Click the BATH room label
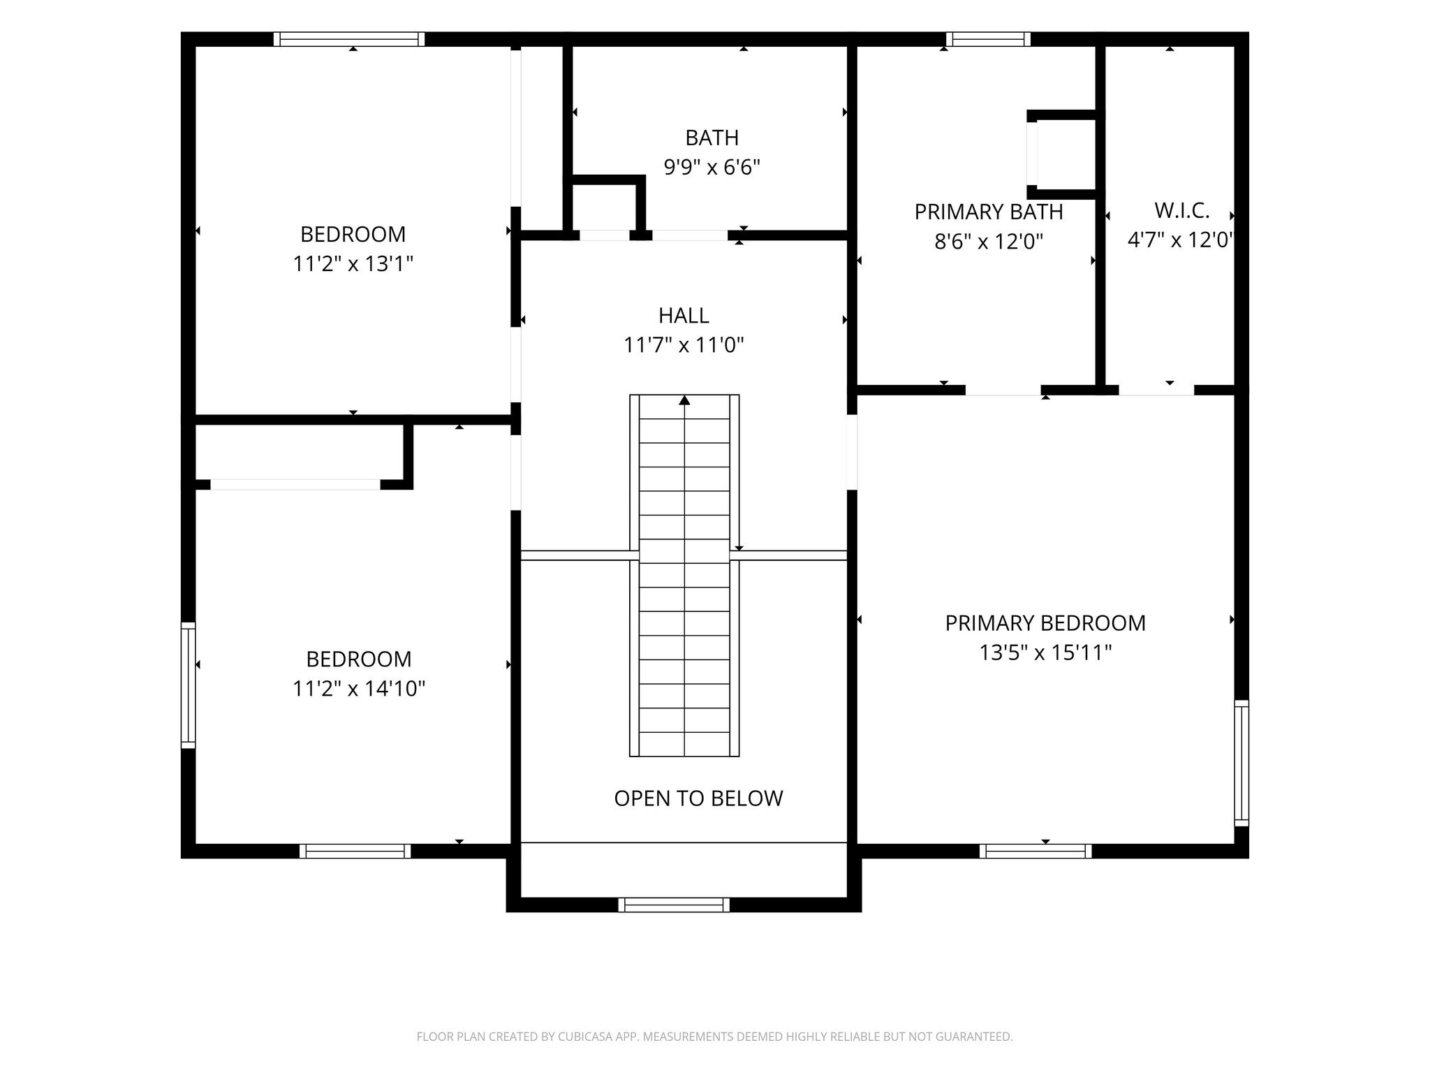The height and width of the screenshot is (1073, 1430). click(712, 138)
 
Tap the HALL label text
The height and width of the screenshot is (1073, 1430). click(684, 316)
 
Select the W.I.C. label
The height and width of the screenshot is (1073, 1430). click(1181, 210)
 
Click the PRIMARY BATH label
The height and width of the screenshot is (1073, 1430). click(989, 212)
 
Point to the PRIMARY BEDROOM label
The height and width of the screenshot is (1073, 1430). click(1045, 623)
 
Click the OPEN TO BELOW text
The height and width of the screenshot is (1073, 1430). click(698, 798)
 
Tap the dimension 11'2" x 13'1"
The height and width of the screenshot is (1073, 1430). click(353, 264)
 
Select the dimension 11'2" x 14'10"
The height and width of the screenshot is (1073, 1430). click(359, 689)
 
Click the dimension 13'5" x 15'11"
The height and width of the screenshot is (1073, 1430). click(1045, 652)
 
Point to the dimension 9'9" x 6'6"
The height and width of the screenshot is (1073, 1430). click(712, 168)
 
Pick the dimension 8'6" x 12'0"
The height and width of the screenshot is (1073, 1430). click(989, 242)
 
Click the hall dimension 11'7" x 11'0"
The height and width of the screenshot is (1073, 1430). click(684, 345)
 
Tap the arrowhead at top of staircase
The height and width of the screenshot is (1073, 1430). click(684, 400)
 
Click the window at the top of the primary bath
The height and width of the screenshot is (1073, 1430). click(989, 39)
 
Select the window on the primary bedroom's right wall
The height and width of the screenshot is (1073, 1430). click(1241, 763)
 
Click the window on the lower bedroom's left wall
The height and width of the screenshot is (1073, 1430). click(189, 685)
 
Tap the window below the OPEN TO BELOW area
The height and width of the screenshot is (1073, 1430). click(674, 905)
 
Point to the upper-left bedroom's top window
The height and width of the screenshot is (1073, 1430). click(349, 39)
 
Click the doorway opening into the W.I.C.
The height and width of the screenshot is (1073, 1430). click(1156, 390)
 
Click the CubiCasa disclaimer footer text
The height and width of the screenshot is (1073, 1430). click(714, 1037)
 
